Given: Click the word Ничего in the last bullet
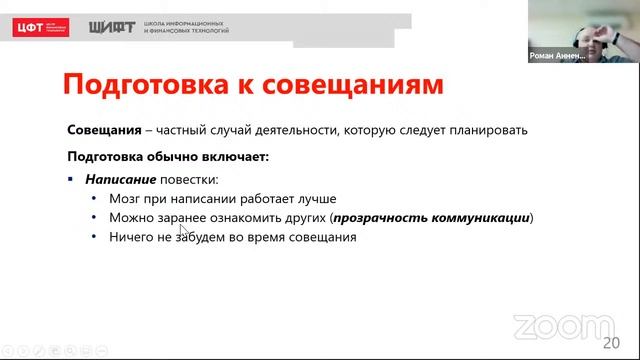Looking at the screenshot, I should (x=133, y=237).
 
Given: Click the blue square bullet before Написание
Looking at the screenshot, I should (x=71, y=179).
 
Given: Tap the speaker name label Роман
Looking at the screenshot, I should (x=546, y=58).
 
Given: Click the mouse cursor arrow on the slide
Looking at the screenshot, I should (x=183, y=229).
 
